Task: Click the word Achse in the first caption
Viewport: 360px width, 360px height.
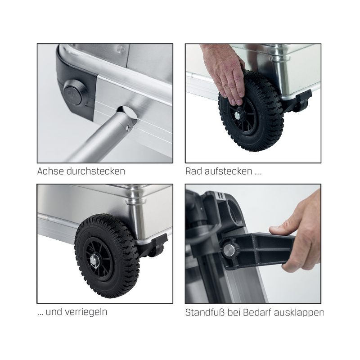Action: (50, 171)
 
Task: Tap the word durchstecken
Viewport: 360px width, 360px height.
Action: (95, 171)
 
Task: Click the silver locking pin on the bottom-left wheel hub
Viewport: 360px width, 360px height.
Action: (94, 261)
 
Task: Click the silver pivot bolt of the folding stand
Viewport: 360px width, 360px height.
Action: (229, 250)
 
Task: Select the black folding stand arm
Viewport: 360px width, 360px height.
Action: (257, 250)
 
